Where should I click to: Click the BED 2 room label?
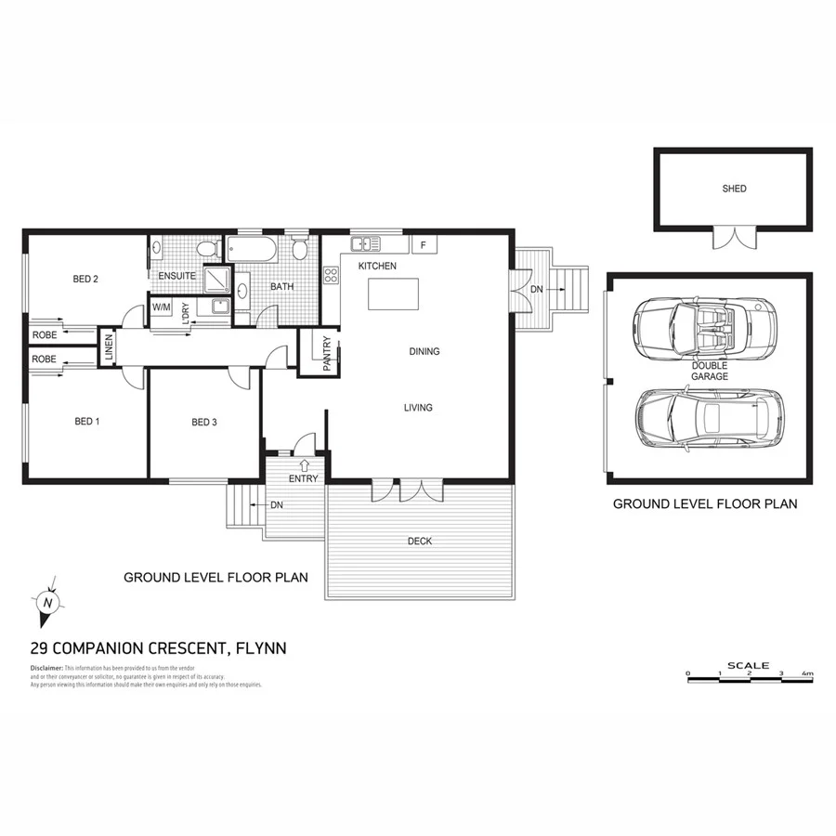pyautogui.click(x=85, y=279)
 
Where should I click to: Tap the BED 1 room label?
pyautogui.click(x=86, y=422)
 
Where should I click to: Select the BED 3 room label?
pyautogui.click(x=203, y=422)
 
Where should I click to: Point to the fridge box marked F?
pyautogui.click(x=424, y=245)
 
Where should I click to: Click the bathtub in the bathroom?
pyautogui.click(x=252, y=249)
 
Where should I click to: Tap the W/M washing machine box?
pyautogui.click(x=161, y=306)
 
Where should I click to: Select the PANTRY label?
pyautogui.click(x=327, y=354)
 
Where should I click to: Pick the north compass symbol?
pyautogui.click(x=47, y=601)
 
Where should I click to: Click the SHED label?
pyautogui.click(x=734, y=189)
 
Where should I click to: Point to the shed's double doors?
pyautogui.click(x=734, y=238)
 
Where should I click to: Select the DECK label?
pyautogui.click(x=419, y=541)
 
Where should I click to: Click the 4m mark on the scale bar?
pyautogui.click(x=809, y=673)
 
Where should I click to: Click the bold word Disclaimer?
pyautogui.click(x=46, y=667)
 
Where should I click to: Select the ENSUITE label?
pyautogui.click(x=176, y=276)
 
